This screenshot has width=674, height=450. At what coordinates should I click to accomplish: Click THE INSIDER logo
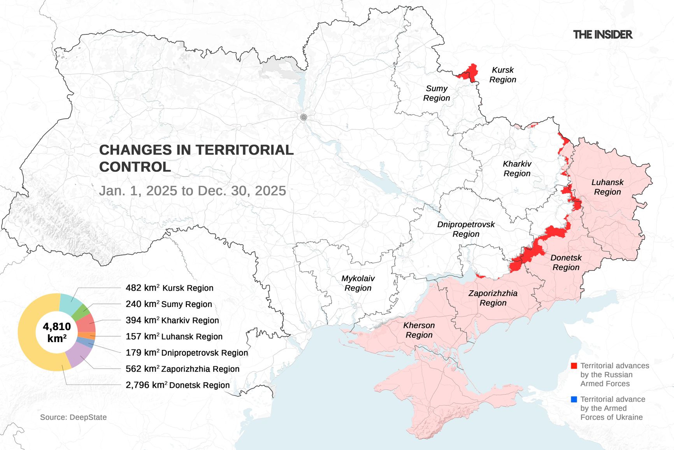(602, 35)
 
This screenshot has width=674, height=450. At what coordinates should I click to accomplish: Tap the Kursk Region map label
(502, 75)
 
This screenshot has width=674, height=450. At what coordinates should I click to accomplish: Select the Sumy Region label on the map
(436, 94)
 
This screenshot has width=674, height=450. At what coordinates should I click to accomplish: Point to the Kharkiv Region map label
(517, 169)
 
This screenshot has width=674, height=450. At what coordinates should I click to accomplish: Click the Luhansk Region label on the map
(607, 187)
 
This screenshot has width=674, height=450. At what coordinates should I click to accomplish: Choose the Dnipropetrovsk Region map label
(466, 229)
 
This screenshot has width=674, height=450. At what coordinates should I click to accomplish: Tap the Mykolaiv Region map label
(358, 283)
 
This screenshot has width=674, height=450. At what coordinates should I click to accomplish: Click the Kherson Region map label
(419, 330)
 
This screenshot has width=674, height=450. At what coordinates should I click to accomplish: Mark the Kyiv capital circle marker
(304, 117)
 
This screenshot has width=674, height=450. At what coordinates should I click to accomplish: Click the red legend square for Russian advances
(574, 366)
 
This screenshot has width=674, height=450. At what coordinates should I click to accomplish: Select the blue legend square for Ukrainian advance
(574, 399)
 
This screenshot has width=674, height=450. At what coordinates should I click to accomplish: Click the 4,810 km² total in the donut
(57, 332)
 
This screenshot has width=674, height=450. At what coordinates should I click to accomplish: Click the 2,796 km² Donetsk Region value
(177, 385)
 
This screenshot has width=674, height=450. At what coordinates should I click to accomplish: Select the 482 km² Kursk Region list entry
(169, 288)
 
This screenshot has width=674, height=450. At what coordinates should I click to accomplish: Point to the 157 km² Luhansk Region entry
(174, 336)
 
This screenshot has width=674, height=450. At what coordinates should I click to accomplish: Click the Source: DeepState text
(73, 417)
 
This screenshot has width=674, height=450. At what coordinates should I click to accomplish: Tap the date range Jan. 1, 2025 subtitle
(192, 191)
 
